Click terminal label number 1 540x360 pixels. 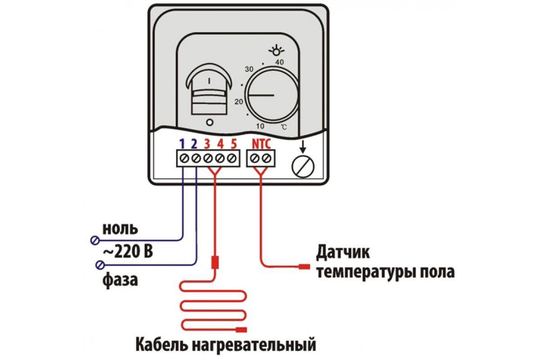[x=182, y=144]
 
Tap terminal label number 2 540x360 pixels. [x=194, y=144]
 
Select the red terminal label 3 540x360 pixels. [x=207, y=144]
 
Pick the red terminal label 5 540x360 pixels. [x=234, y=144]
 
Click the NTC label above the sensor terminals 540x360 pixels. [x=261, y=144]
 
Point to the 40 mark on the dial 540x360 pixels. [x=279, y=62]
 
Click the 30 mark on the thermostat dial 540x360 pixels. [x=249, y=69]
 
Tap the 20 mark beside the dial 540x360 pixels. [x=238, y=102]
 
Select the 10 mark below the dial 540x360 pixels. [x=260, y=126]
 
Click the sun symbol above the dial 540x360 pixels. [x=276, y=50]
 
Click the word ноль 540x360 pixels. [x=120, y=229]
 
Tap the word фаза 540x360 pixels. [x=120, y=280]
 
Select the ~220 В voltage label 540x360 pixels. [x=128, y=252]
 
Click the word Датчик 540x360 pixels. [x=343, y=252]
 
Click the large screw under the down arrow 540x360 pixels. [x=303, y=166]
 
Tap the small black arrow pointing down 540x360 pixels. [x=303, y=146]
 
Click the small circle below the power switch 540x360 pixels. [x=210, y=122]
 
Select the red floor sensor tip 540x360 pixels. [x=305, y=267]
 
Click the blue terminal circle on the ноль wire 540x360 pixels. [x=95, y=240]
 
